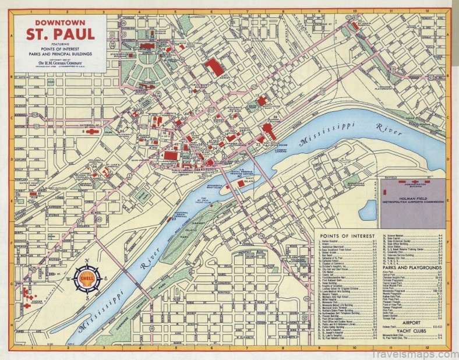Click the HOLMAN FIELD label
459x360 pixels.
pyautogui.click(x=414, y=199)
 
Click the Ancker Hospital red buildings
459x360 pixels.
pyautogui.click(x=26, y=294)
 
